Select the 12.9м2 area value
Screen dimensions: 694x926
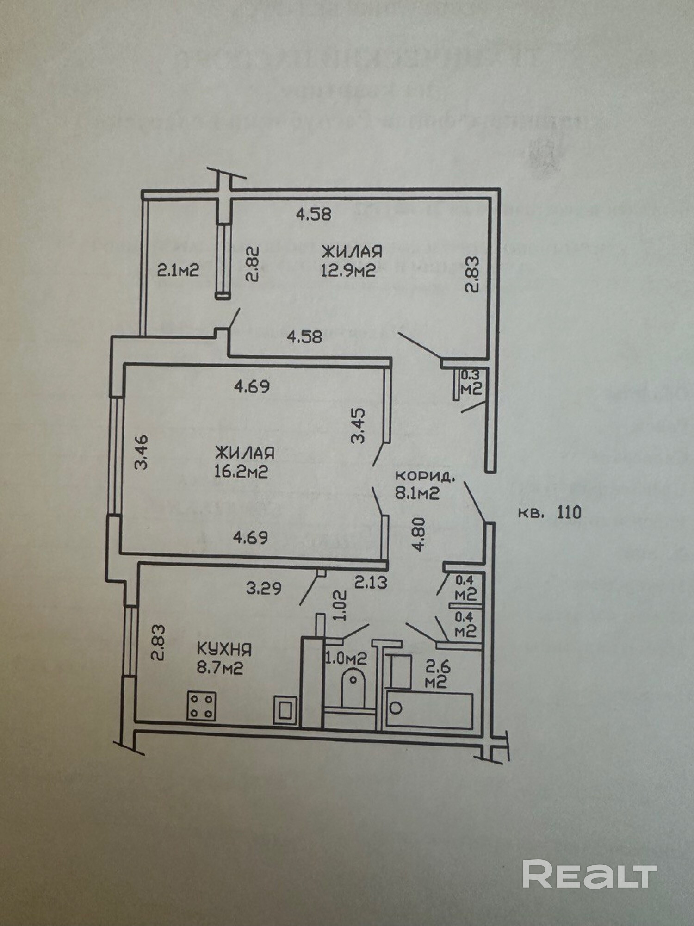(x=348, y=270)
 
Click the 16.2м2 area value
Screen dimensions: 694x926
(x=241, y=472)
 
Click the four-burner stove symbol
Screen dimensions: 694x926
(x=201, y=706)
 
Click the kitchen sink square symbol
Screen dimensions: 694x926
(x=285, y=709)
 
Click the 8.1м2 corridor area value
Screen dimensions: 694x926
(x=416, y=493)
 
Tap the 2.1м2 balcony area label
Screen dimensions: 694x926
(x=178, y=270)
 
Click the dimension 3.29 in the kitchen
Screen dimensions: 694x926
(x=263, y=589)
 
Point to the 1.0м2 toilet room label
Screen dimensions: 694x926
(x=346, y=658)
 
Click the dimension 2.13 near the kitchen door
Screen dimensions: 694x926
(x=371, y=582)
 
